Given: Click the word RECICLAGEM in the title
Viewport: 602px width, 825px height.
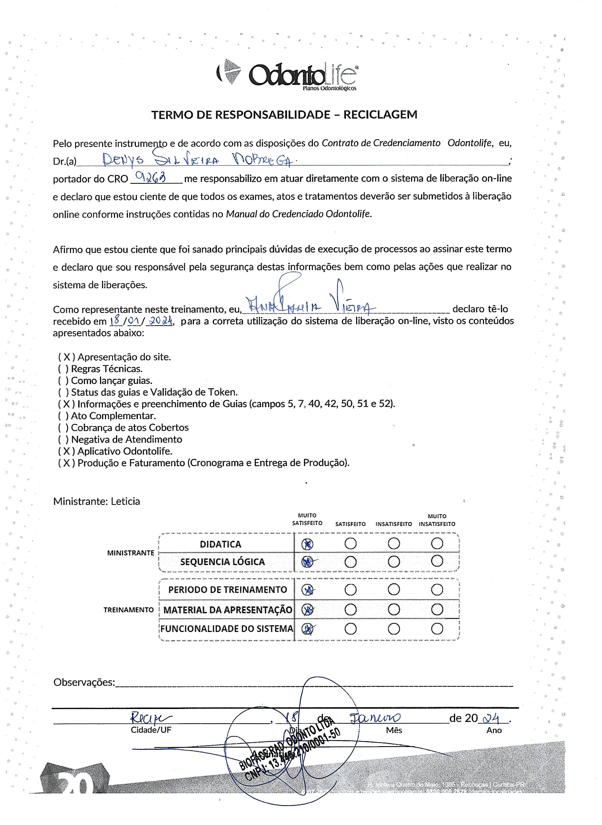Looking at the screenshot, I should [380, 115].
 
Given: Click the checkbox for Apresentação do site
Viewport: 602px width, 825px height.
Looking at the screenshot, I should [67, 357].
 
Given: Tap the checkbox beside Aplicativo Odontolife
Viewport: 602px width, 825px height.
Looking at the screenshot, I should [67, 452].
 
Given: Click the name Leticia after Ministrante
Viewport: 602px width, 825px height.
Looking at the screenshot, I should [125, 501].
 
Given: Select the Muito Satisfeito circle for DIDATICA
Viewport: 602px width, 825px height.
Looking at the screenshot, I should [307, 544].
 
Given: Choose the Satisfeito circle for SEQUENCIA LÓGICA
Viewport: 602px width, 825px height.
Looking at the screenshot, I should [350, 562].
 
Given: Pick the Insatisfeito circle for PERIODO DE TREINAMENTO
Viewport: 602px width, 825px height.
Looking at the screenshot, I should [393, 589].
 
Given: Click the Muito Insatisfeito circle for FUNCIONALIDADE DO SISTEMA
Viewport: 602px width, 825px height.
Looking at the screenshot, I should [437, 629].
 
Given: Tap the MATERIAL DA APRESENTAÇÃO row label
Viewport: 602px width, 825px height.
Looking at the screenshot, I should [228, 610].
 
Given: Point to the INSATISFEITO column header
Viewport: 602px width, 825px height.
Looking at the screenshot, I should [393, 524].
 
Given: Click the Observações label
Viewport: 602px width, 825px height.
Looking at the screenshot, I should [84, 682].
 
